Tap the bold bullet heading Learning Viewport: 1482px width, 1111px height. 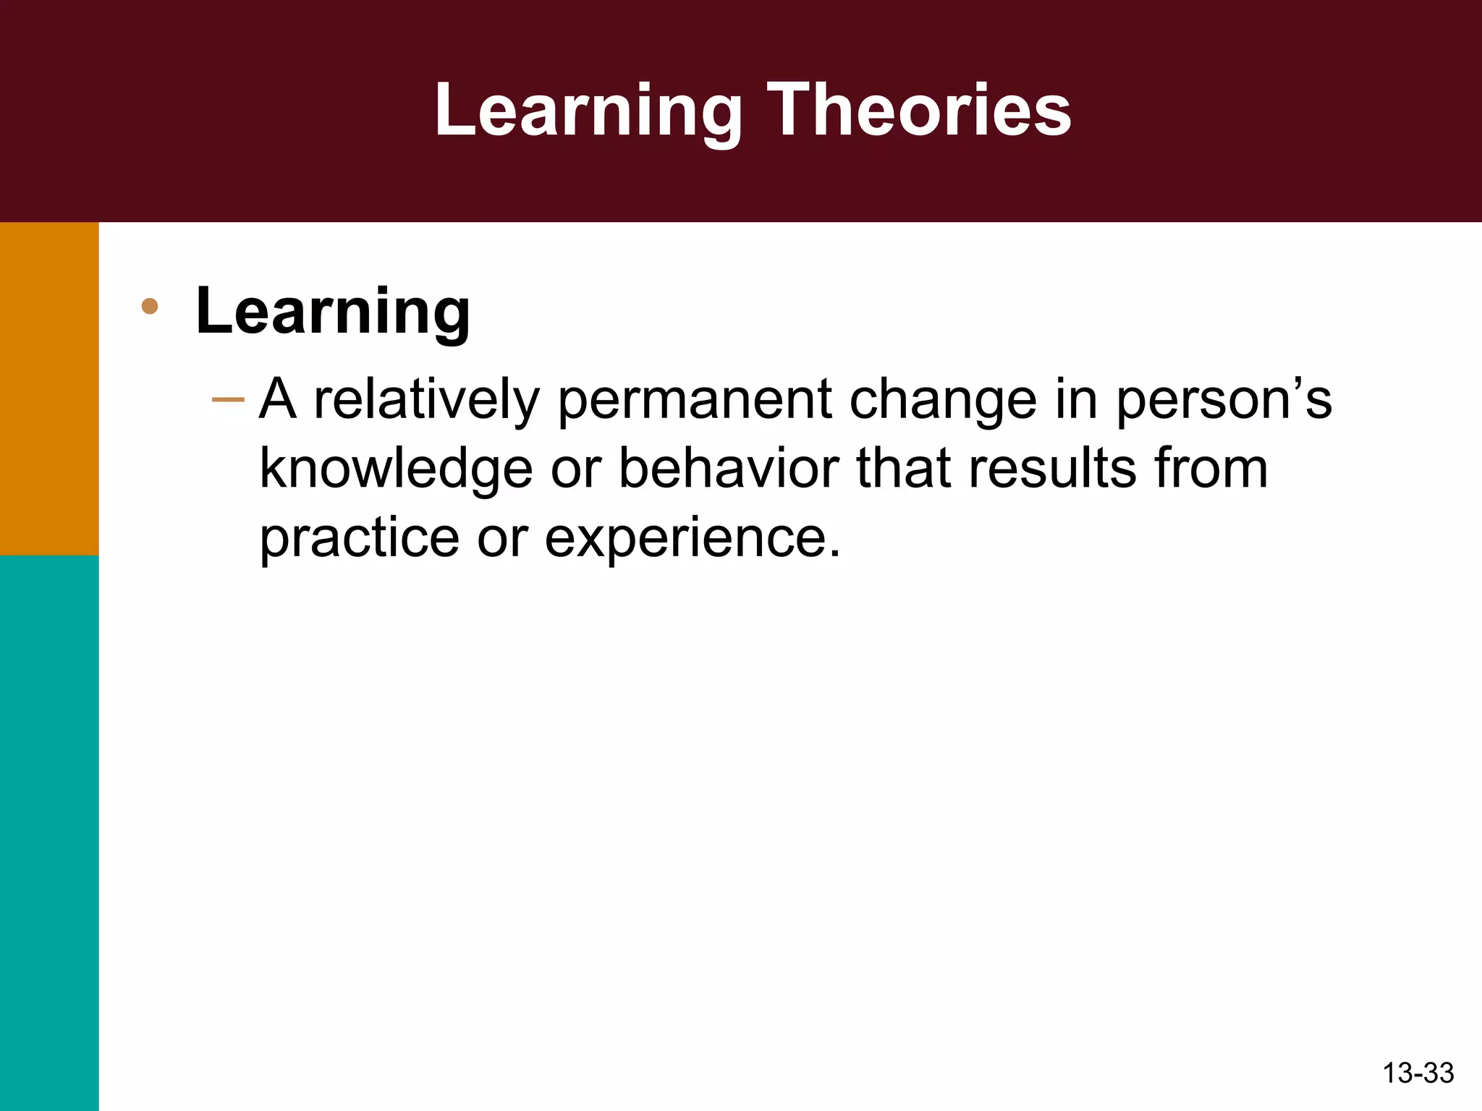pos(333,311)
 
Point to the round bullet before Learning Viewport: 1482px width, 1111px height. pos(150,306)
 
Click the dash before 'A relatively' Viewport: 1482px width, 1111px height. pos(228,399)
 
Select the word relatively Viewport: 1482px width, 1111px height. pos(427,400)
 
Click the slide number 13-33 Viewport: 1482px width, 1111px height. pos(1418,1073)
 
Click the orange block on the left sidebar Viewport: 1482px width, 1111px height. pos(49,388)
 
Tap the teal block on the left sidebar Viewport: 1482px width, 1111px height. pos(49,832)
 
